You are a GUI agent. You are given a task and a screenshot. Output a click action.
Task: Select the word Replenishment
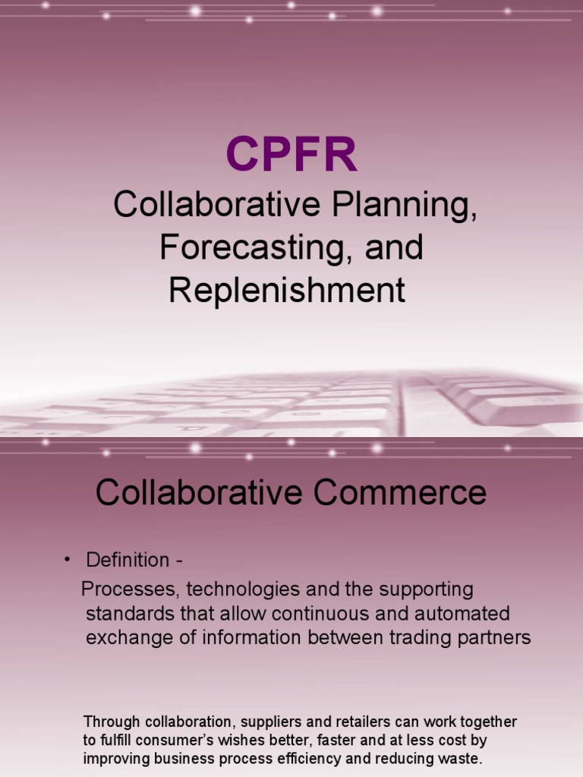coord(287,291)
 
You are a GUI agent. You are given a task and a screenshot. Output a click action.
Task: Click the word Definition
coord(128,561)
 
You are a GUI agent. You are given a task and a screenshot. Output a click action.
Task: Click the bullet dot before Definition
coord(68,560)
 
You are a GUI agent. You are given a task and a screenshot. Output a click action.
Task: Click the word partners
coord(494,637)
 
